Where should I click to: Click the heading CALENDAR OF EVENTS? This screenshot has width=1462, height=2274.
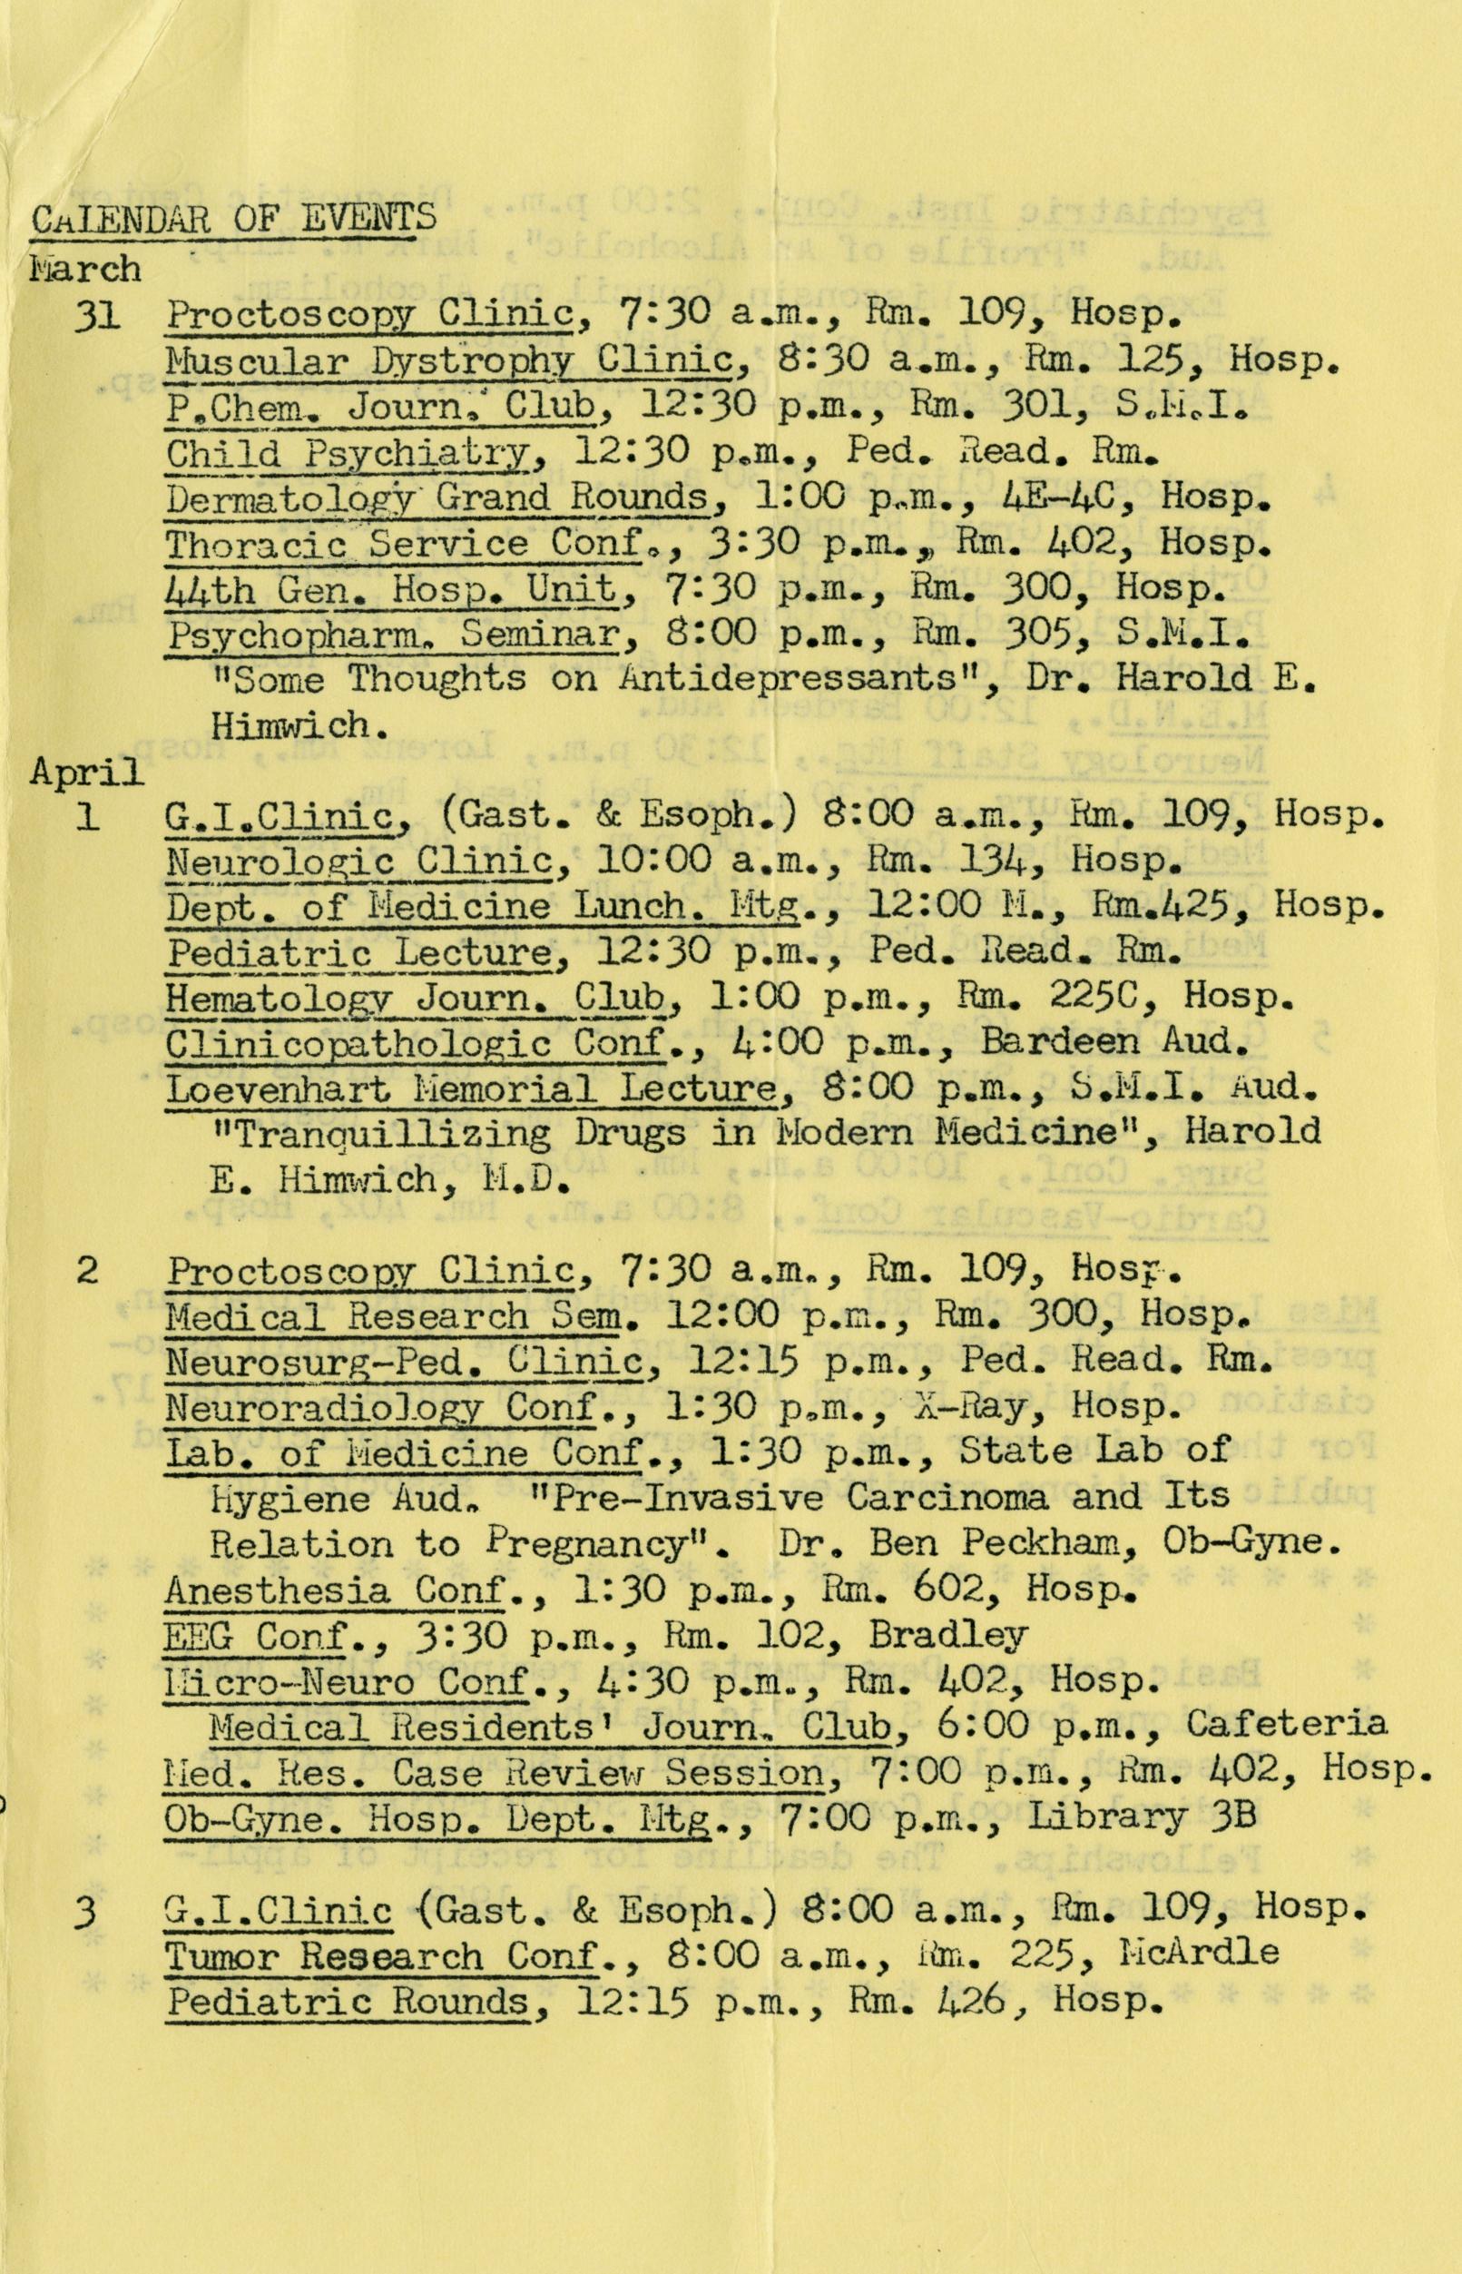click(x=233, y=221)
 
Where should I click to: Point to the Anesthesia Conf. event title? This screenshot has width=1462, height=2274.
click(x=332, y=1590)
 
